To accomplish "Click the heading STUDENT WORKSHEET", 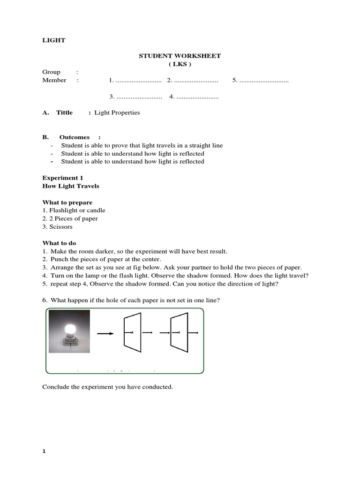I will [x=180, y=56].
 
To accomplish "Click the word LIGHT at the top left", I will [x=54, y=40].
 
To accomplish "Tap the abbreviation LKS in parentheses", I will [x=180, y=64].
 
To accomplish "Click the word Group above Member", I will [x=52, y=72].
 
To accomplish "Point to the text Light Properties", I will [x=117, y=112].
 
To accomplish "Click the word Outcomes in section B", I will [x=75, y=137].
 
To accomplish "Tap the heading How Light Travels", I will [x=71, y=186].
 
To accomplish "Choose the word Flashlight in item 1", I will [x=64, y=210].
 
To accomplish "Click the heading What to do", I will [x=59, y=243].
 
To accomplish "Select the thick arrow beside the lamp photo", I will [x=105, y=334].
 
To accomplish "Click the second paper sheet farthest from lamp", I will [x=180, y=332].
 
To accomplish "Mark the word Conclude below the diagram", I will [x=56, y=387].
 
